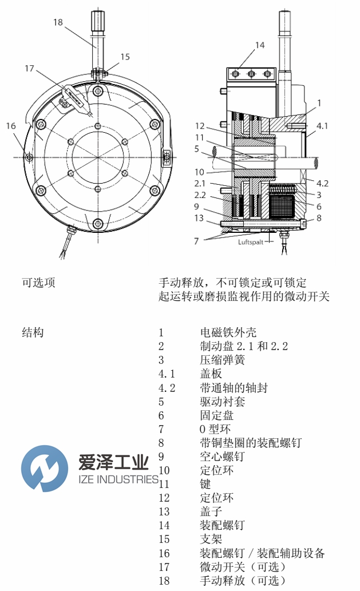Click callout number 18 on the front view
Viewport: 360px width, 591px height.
58,22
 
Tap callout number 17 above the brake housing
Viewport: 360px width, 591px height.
30,69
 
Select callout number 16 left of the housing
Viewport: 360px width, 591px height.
11,126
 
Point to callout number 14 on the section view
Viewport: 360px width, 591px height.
260,45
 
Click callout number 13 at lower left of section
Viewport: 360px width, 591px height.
199,217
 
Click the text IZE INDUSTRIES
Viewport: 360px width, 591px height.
113,479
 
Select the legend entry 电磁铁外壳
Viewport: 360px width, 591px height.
228,333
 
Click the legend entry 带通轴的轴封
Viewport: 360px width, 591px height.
234,388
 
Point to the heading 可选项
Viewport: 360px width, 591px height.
38,283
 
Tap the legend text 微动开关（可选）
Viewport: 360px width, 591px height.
242,566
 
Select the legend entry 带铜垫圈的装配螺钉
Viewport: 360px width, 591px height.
250,443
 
